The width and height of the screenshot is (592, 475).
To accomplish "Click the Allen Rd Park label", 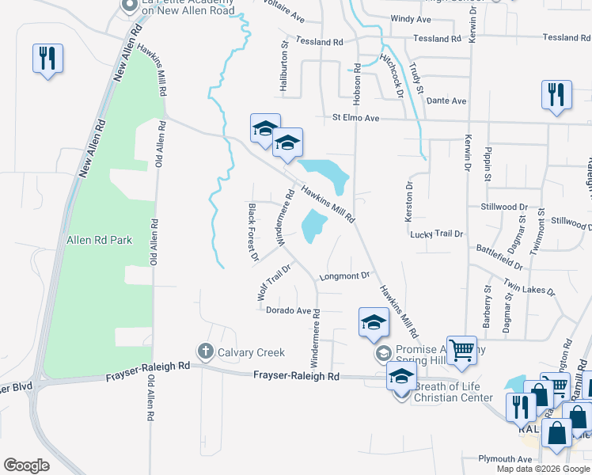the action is click(99, 240).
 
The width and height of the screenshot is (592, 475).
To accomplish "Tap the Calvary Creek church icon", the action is click(205, 351).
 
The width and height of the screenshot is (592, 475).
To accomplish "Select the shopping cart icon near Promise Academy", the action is click(461, 350).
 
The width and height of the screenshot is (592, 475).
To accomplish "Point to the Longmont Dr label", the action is click(344, 276).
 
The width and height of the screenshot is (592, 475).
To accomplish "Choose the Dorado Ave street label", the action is click(288, 311).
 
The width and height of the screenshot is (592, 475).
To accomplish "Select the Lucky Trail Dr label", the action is click(435, 234).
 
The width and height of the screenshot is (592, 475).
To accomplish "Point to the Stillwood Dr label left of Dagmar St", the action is click(503, 207).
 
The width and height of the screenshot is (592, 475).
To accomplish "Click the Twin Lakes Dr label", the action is click(529, 291).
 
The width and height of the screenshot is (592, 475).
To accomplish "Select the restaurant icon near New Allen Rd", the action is click(47, 59).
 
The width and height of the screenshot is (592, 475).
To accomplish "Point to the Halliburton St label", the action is click(284, 66).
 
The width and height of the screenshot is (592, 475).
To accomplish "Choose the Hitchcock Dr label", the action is click(393, 70).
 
